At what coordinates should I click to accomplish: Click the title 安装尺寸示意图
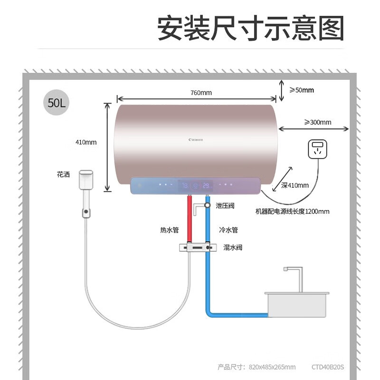click(x=250, y=29)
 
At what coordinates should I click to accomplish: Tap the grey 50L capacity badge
click(x=57, y=102)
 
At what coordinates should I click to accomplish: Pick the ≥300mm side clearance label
click(x=318, y=122)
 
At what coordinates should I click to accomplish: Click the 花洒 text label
click(x=63, y=175)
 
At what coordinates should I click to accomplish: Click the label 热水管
click(x=169, y=230)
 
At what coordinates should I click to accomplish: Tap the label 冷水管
click(x=228, y=230)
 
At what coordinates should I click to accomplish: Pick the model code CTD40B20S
click(x=327, y=367)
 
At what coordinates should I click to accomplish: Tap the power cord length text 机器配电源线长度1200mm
click(x=292, y=211)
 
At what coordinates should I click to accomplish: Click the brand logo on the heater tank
click(x=195, y=140)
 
